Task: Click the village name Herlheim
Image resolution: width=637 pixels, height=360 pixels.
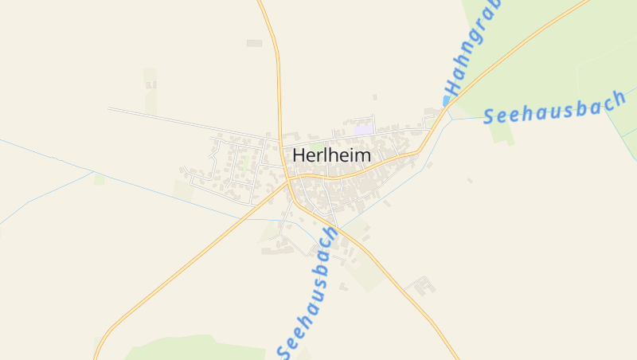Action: pyautogui.click(x=332, y=155)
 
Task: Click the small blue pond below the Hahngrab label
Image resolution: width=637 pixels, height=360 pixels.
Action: pyautogui.click(x=446, y=101)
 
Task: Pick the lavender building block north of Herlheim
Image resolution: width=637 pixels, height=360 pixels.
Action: pyautogui.click(x=364, y=127)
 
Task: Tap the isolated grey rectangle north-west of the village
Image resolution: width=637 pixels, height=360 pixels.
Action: pyautogui.click(x=254, y=43)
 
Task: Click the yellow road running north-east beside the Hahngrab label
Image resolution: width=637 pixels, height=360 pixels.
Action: pyautogui.click(x=526, y=44)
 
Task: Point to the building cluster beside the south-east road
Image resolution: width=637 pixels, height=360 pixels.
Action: pyautogui.click(x=420, y=285)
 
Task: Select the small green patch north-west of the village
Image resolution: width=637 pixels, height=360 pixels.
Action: pyautogui.click(x=150, y=80)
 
